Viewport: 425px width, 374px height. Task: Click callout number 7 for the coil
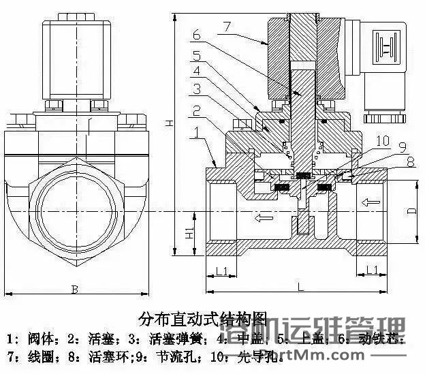pyautogui.click(x=227, y=25)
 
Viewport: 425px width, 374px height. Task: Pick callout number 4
pyautogui.click(x=195, y=71)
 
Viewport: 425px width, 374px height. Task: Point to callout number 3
pyautogui.click(x=195, y=89)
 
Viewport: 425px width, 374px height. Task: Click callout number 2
pyautogui.click(x=195, y=110)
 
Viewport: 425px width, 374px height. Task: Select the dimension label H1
pyautogui.click(x=187, y=234)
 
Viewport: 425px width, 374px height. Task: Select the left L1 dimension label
pyautogui.click(x=222, y=271)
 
